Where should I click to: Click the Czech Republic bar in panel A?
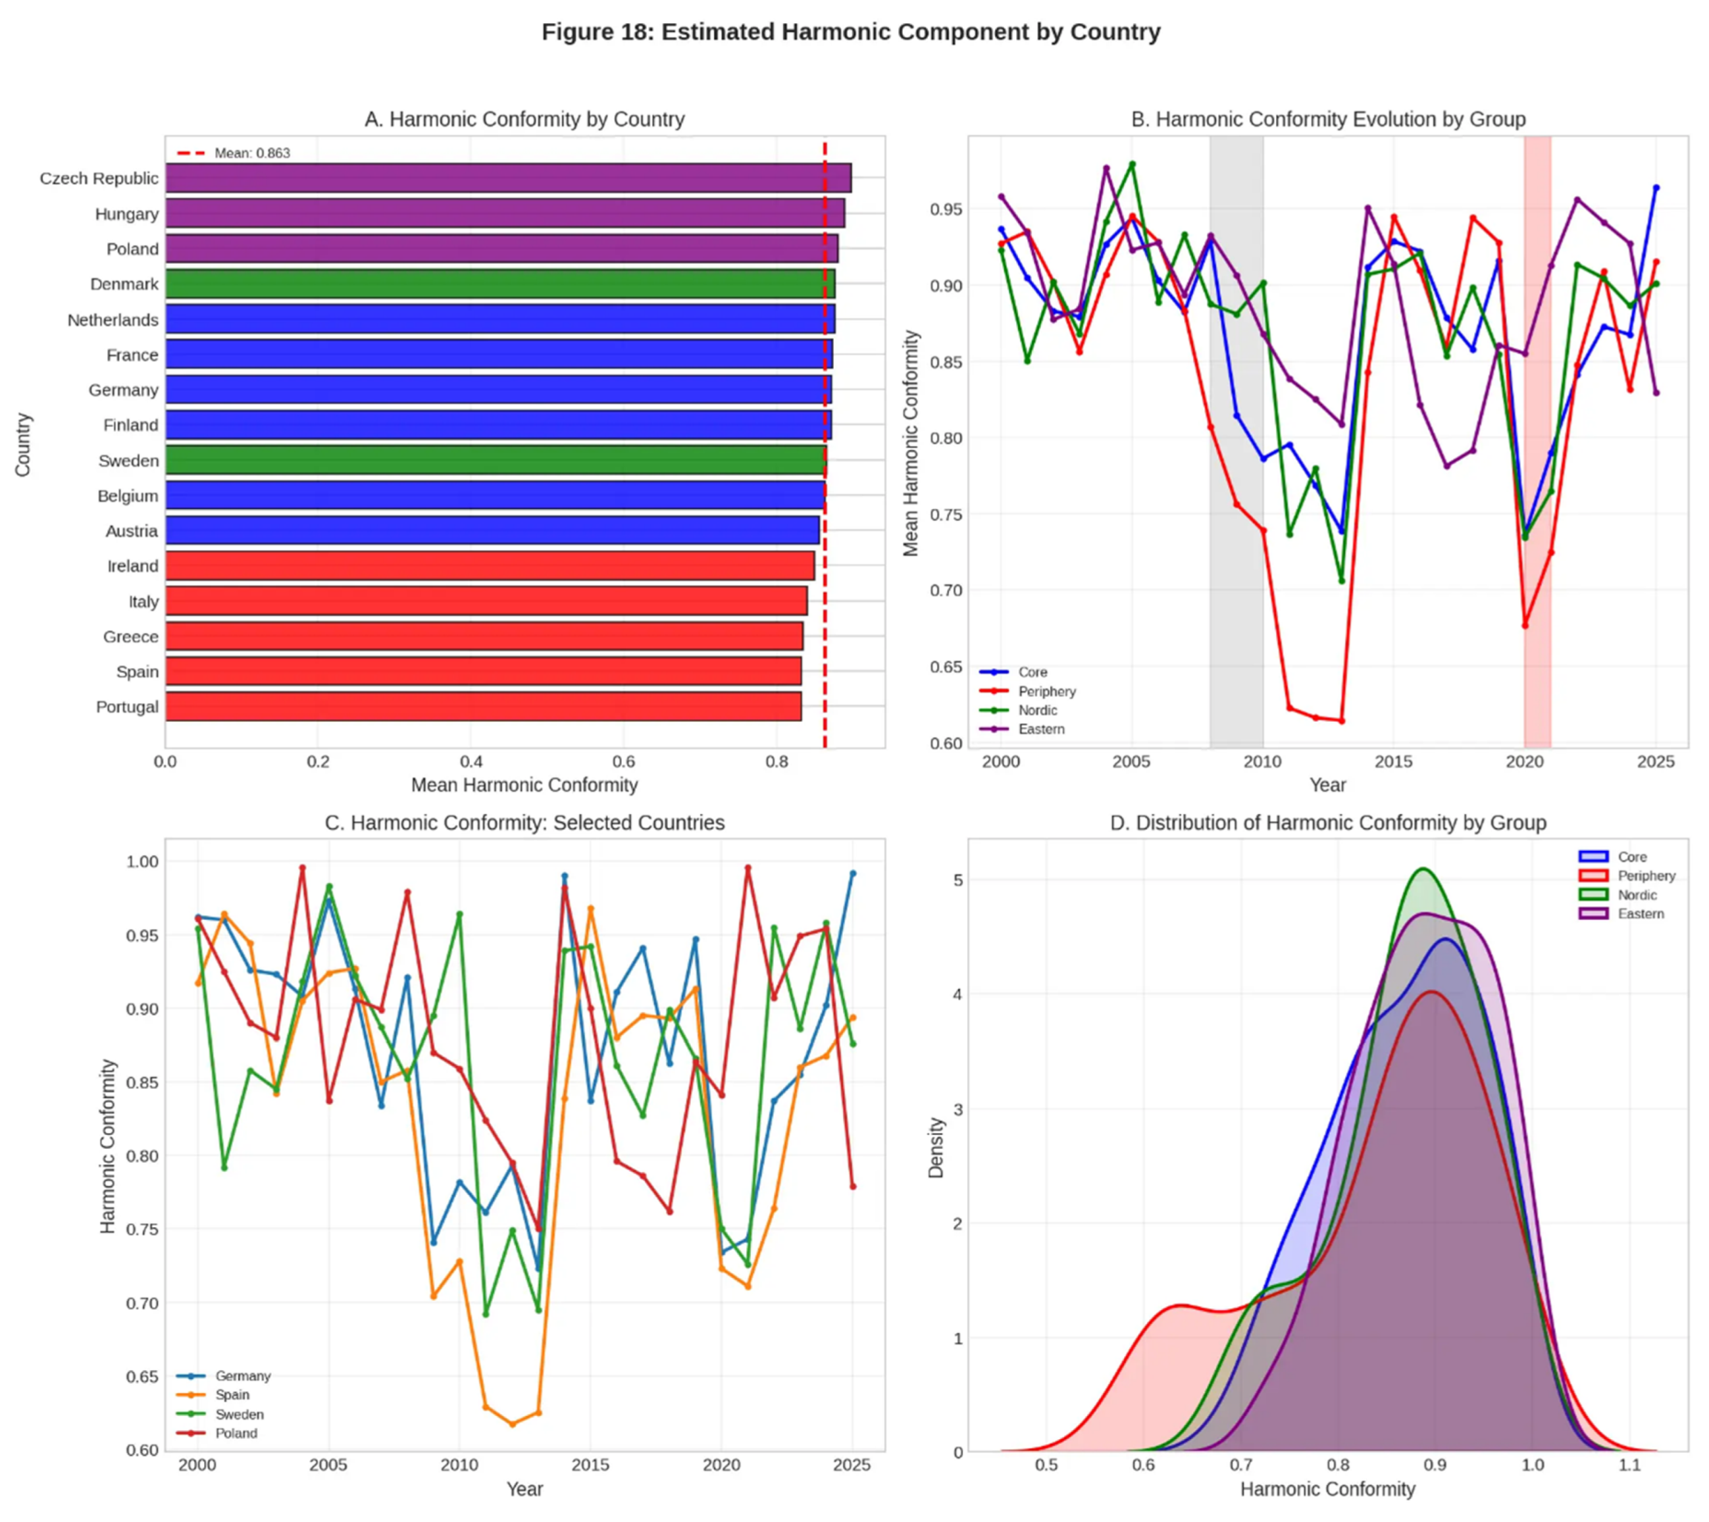[507, 178]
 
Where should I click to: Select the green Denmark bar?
[499, 284]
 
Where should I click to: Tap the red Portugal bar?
[482, 707]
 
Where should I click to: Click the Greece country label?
[130, 636]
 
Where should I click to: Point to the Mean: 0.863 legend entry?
[251, 153]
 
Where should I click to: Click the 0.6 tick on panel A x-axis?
[624, 762]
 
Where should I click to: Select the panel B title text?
[1328, 120]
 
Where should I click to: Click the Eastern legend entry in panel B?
[1041, 729]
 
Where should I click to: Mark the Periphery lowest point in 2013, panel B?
[1342, 721]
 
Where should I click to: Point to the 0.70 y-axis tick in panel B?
[946, 590]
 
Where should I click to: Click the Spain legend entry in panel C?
[232, 1395]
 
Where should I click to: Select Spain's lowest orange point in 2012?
[513, 1423]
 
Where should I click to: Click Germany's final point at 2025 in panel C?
[853, 873]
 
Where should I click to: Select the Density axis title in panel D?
[936, 1148]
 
